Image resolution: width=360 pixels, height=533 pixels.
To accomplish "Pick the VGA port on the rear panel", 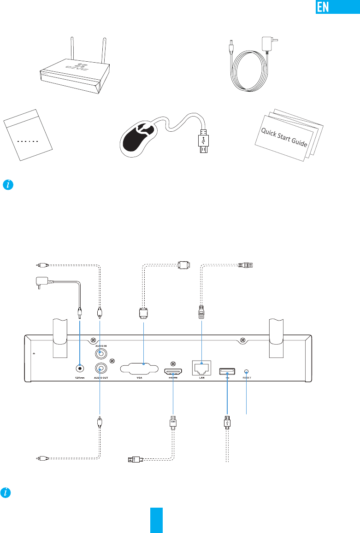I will pyautogui.click(x=143, y=369).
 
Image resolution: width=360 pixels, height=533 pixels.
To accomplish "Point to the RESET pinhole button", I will pyautogui.click(x=247, y=371).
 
